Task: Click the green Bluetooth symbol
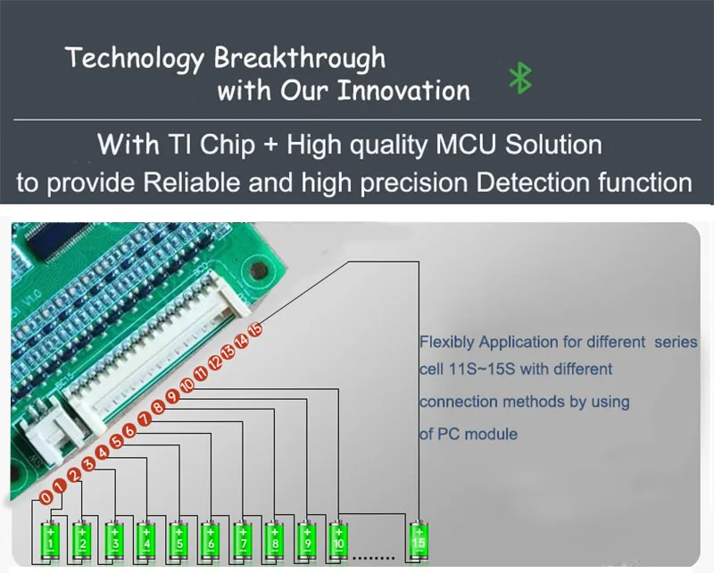click(520, 78)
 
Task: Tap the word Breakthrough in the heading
click(300, 59)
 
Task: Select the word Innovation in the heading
click(404, 90)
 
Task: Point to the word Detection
click(532, 182)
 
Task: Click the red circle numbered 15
click(255, 329)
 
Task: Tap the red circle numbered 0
click(46, 498)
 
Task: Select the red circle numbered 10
click(187, 386)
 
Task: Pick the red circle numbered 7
click(145, 419)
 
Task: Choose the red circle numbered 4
click(103, 453)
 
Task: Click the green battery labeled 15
click(419, 540)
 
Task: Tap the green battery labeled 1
click(51, 540)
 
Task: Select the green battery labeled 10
click(339, 540)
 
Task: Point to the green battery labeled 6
click(211, 540)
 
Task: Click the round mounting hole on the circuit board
click(258, 270)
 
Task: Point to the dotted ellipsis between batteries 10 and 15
click(373, 558)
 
